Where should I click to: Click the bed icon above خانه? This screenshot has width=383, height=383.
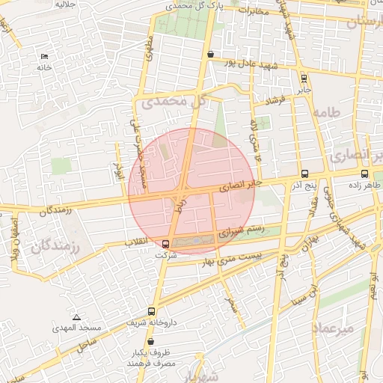pyautogui.click(x=43, y=56)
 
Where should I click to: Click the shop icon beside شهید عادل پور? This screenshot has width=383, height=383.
pyautogui.click(x=211, y=54)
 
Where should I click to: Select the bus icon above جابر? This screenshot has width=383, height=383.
pyautogui.click(x=303, y=78)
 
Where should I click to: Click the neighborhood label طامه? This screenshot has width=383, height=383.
pyautogui.click(x=329, y=113)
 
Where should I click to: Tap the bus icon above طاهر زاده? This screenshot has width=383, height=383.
pyautogui.click(x=364, y=174)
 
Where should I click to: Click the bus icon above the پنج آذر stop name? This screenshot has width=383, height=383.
pyautogui.click(x=304, y=174)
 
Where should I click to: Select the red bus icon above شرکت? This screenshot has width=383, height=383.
pyautogui.click(x=165, y=243)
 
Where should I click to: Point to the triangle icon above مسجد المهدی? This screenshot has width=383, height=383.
pyautogui.click(x=76, y=317)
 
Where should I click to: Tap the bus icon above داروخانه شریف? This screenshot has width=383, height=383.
pyautogui.click(x=152, y=311)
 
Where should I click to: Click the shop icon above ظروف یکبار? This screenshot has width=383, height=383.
pyautogui.click(x=150, y=341)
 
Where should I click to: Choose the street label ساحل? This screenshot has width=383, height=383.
pyautogui.click(x=87, y=345)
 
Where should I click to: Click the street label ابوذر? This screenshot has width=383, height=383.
pyautogui.click(x=117, y=173)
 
